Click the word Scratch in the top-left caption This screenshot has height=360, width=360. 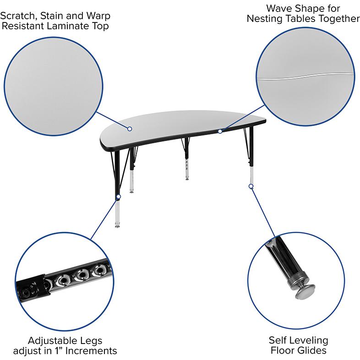[x=19, y=16]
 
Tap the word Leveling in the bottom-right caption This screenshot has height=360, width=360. [x=308, y=340]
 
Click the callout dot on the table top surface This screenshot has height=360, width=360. [x=130, y=129]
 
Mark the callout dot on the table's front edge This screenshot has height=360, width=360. [x=220, y=131]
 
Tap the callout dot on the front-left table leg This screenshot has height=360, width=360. [x=119, y=196]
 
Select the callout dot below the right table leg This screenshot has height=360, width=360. [x=251, y=186]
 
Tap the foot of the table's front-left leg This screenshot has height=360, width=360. [x=117, y=226]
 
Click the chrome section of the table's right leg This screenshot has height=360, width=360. [x=251, y=175]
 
